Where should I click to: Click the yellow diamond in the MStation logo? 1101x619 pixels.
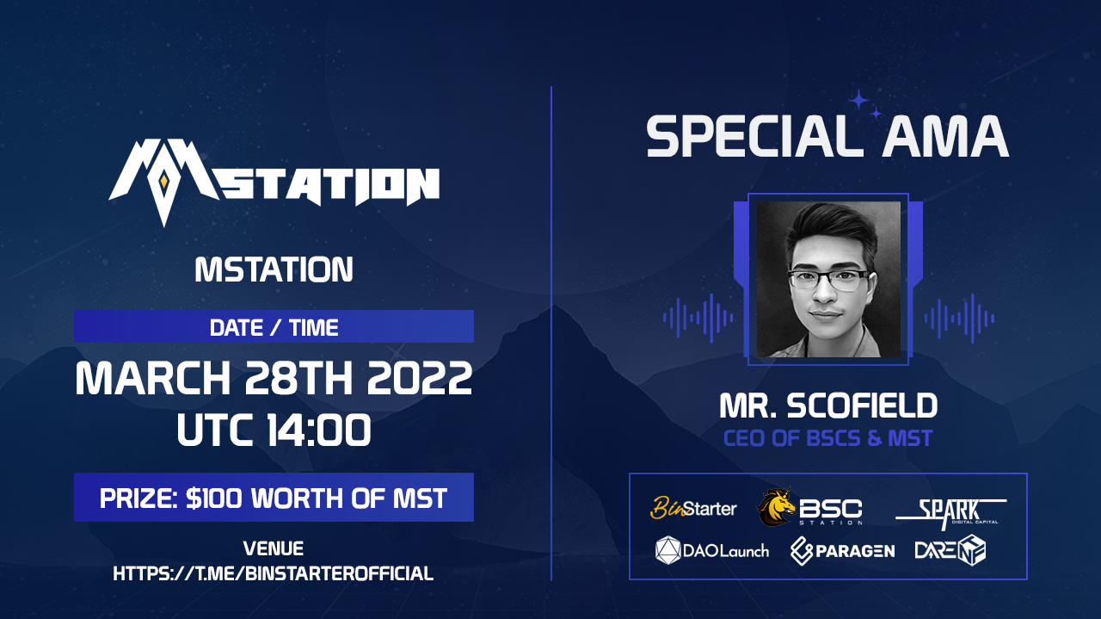click(x=163, y=182)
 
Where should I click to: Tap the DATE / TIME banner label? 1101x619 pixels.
click(x=274, y=328)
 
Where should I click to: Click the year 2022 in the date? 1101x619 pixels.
click(x=419, y=378)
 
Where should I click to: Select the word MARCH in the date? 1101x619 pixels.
click(x=153, y=378)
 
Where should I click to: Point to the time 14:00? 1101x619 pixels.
click(x=318, y=430)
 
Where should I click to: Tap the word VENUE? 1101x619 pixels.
click(x=274, y=548)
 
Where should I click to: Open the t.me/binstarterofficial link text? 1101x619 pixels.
click(x=274, y=573)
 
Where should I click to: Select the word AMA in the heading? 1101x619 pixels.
click(x=944, y=136)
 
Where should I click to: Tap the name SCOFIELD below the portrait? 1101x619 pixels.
click(x=862, y=406)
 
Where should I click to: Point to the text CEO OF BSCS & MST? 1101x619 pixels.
click(x=827, y=438)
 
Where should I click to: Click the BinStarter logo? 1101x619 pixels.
click(x=693, y=508)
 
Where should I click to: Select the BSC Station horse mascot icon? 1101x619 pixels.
click(x=776, y=507)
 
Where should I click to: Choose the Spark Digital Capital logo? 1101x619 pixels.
click(x=951, y=514)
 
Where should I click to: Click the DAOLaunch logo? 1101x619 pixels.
click(x=712, y=551)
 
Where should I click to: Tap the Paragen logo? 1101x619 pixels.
click(x=842, y=551)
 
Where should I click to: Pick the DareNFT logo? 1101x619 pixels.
click(x=950, y=550)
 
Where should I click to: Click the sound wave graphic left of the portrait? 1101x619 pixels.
click(x=698, y=318)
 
